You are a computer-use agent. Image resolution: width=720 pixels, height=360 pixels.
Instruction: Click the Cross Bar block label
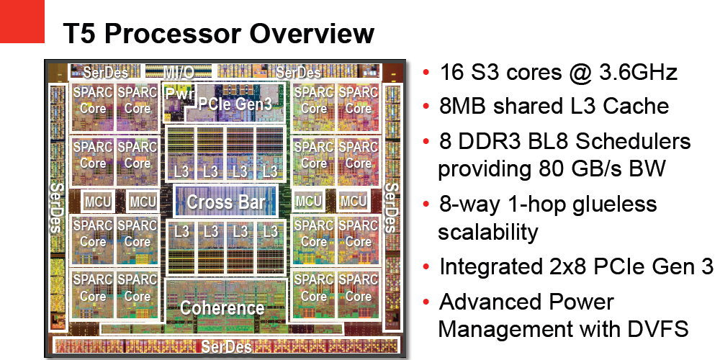(226, 202)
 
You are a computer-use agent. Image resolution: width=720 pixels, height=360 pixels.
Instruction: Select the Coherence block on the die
(222, 308)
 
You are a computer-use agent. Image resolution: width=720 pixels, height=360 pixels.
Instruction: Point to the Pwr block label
(176, 94)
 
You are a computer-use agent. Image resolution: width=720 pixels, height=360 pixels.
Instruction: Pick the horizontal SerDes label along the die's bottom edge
(226, 347)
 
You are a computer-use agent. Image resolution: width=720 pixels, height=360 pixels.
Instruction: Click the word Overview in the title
(312, 33)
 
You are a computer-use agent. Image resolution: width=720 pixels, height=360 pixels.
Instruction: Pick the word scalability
(487, 232)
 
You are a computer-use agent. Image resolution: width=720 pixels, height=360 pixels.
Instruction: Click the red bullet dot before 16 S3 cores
(426, 73)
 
